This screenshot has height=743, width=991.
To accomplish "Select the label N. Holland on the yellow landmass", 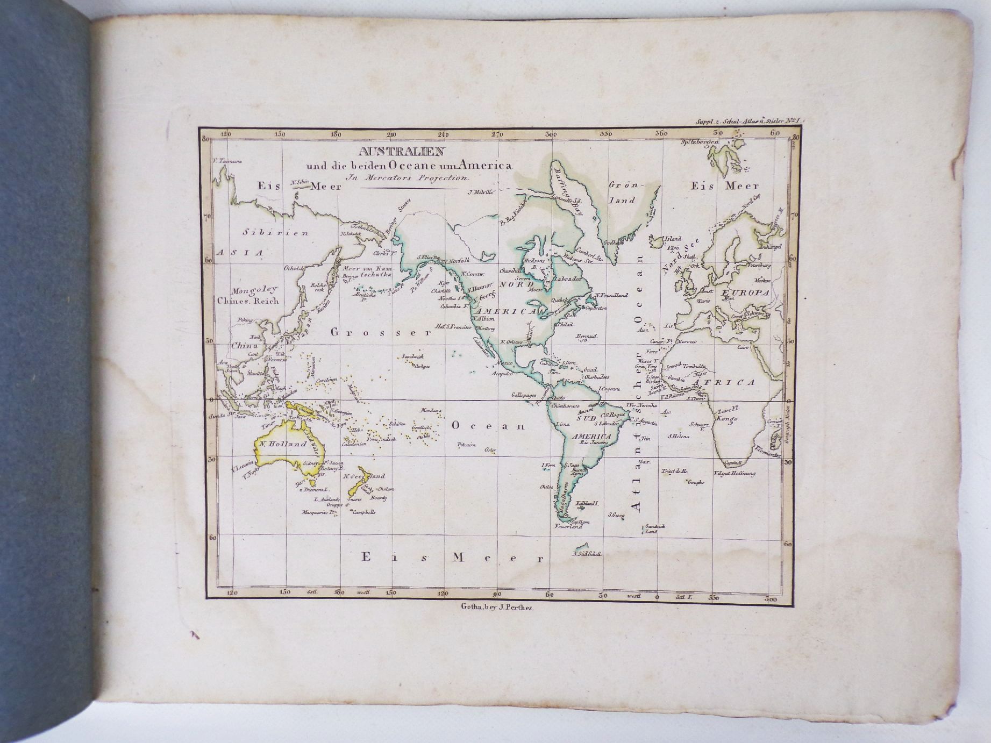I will [x=282, y=444].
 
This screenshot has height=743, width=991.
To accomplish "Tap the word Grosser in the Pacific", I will [x=381, y=332].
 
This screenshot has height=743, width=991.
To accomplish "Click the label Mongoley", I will [x=248, y=289].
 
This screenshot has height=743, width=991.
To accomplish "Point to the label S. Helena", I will [x=679, y=436].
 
